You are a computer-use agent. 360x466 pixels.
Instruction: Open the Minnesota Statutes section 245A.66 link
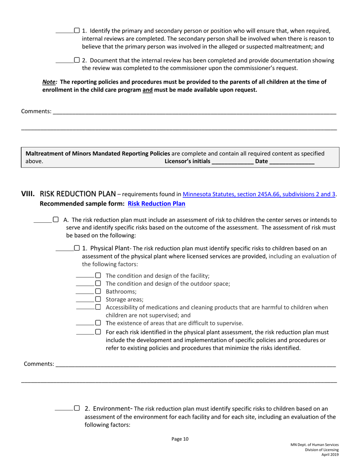pyautogui.click(x=259, y=194)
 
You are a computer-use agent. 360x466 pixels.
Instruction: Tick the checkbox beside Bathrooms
pyautogui.click(x=98, y=291)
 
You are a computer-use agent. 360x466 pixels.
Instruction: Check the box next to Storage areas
pyautogui.click(x=98, y=299)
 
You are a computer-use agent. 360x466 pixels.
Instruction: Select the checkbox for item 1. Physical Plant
pyautogui.click(x=77, y=249)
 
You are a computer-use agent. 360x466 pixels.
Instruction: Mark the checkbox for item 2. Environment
pyautogui.click(x=77, y=408)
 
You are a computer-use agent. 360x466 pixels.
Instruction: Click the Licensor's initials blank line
pyautogui.click(x=232, y=161)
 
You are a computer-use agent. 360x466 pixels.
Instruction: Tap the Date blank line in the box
pyautogui.click(x=291, y=161)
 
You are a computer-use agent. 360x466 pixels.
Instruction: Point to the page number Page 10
pyautogui.click(x=180, y=439)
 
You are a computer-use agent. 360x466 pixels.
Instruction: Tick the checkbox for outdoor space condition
pyautogui.click(x=98, y=283)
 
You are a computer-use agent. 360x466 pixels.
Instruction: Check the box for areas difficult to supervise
pyautogui.click(x=98, y=323)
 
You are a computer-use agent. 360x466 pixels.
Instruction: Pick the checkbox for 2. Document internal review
pyautogui.click(x=77, y=60)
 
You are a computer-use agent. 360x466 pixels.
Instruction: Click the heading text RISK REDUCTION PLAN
pyautogui.click(x=78, y=194)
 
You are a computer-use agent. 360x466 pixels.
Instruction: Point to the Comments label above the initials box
pyautogui.click(x=36, y=111)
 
